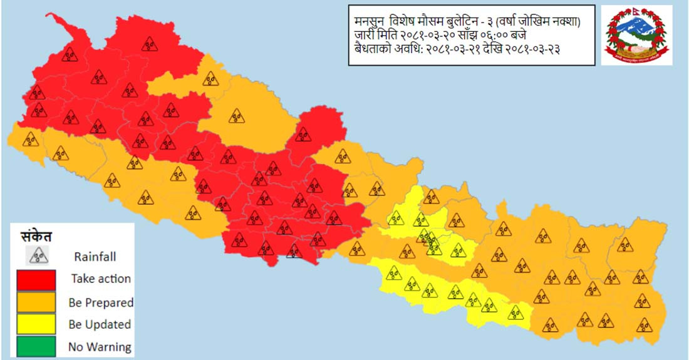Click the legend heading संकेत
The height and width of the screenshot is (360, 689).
coord(36,236)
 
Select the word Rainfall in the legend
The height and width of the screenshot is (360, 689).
coord(95,256)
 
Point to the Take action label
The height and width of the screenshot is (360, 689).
coord(101,279)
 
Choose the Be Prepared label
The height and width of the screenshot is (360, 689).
coord(101,302)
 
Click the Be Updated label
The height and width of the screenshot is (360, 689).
coord(100,324)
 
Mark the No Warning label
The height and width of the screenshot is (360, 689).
coord(100,346)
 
